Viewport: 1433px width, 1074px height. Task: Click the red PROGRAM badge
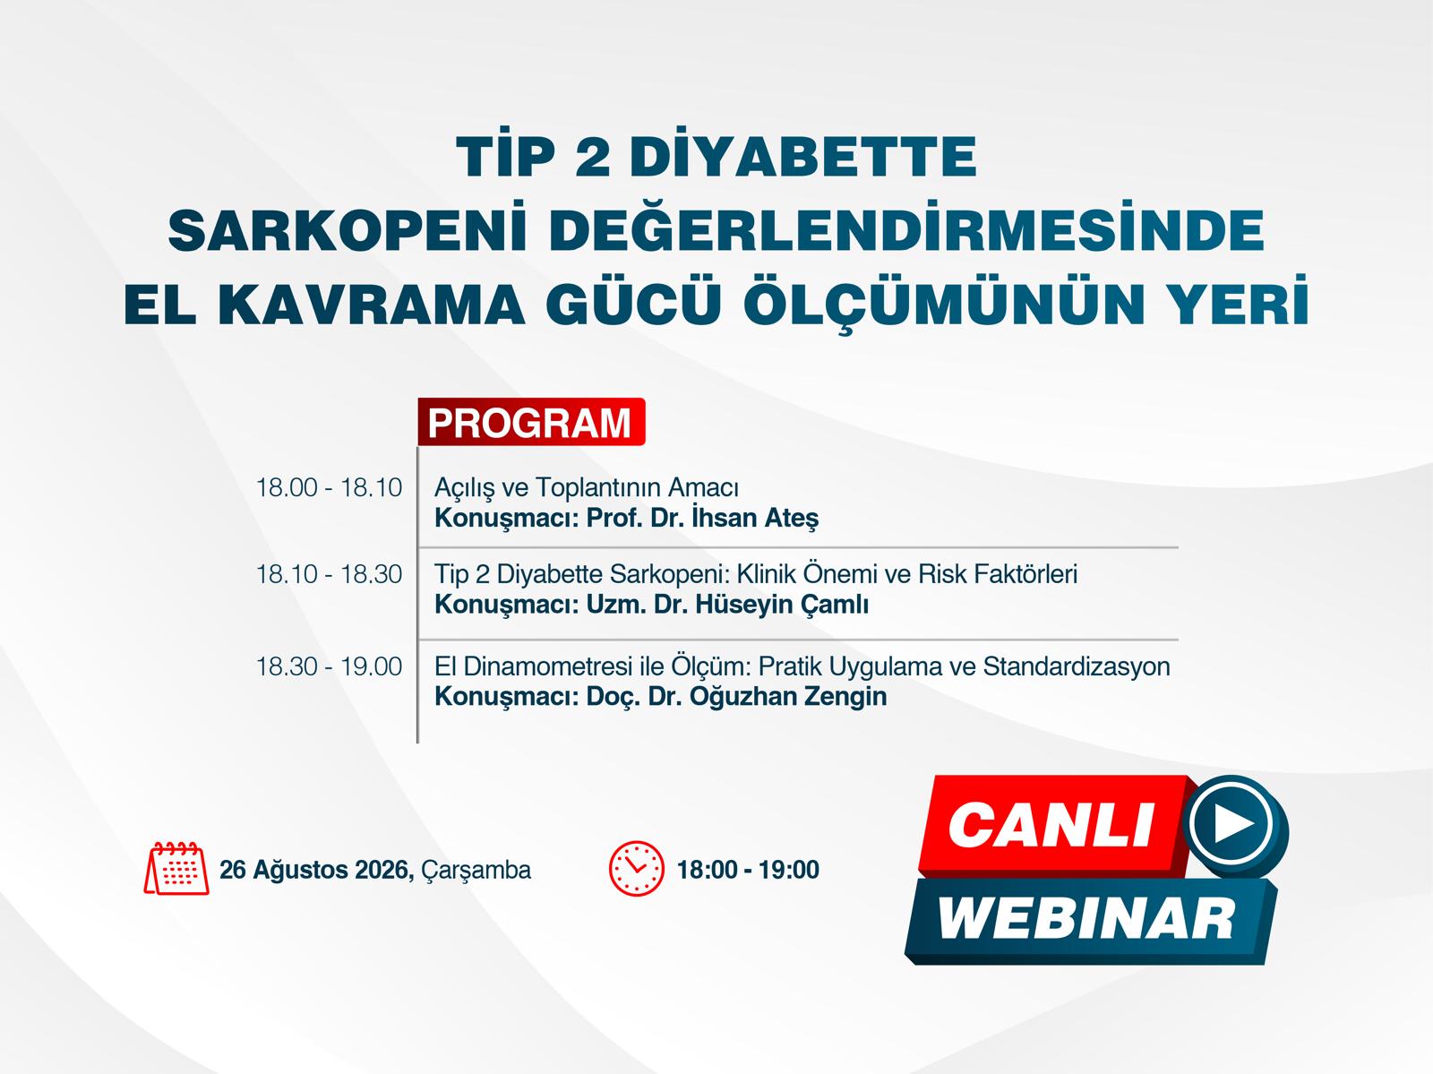pyautogui.click(x=531, y=422)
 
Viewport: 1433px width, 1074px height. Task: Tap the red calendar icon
pyautogui.click(x=176, y=868)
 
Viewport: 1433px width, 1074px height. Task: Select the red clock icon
pyautogui.click(x=636, y=868)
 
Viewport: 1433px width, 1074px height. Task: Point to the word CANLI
pyautogui.click(x=1051, y=825)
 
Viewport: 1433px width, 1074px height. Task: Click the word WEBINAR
pyautogui.click(x=1085, y=920)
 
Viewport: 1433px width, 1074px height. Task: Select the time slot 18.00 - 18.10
pyautogui.click(x=329, y=487)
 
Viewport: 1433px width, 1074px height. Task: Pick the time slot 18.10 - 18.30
pyautogui.click(x=329, y=574)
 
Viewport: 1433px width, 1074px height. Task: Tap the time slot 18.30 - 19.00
pyautogui.click(x=329, y=666)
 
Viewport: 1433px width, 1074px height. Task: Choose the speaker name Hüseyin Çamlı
pyautogui.click(x=782, y=605)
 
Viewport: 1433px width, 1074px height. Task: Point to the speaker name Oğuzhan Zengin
pyautogui.click(x=788, y=697)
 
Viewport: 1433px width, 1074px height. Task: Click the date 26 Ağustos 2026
pyautogui.click(x=317, y=871)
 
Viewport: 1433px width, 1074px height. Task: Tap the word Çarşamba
pyautogui.click(x=476, y=871)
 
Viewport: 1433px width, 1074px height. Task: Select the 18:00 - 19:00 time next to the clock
pyautogui.click(x=748, y=870)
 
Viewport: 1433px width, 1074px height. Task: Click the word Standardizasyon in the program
pyautogui.click(x=1077, y=666)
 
